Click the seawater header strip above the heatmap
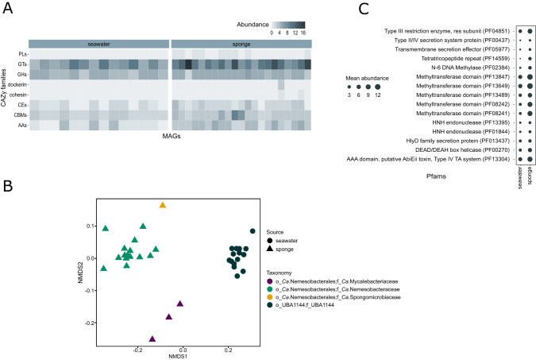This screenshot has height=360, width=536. [98, 42]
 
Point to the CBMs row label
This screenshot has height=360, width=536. [17, 114]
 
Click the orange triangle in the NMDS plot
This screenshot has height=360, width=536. [162, 205]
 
